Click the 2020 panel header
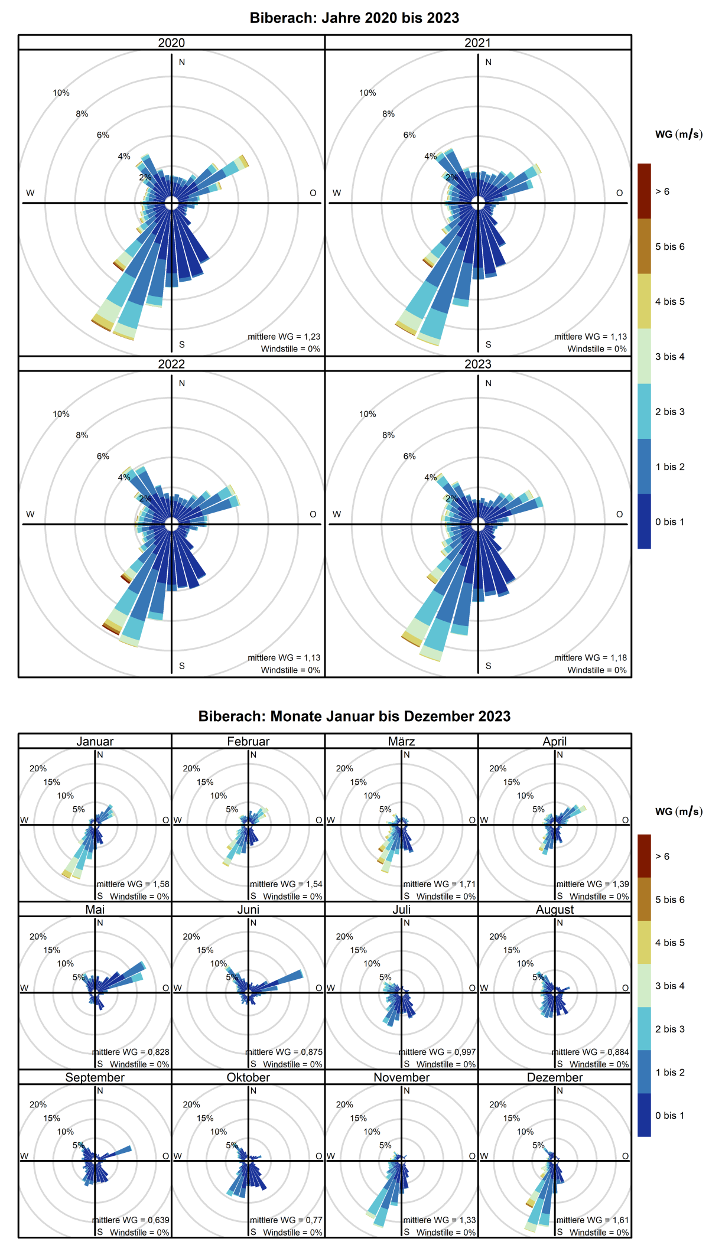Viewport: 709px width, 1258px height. (x=171, y=43)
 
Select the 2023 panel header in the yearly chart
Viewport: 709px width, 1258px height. (x=477, y=364)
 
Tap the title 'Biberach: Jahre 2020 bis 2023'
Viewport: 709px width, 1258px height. (x=354, y=18)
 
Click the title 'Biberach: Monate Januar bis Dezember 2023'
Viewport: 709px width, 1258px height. (x=354, y=716)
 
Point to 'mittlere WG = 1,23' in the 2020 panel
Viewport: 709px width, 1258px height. (x=284, y=337)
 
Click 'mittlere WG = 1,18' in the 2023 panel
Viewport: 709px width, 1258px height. (x=590, y=657)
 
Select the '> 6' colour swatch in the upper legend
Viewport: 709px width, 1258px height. (x=644, y=191)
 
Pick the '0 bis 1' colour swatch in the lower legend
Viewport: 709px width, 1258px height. (x=644, y=1115)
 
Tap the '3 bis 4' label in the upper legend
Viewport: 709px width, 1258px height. (x=669, y=357)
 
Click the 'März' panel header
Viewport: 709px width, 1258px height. (x=401, y=741)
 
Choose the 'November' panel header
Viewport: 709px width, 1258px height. (x=401, y=1077)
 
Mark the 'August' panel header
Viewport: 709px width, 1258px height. (x=555, y=910)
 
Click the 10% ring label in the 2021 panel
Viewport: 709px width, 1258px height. (x=367, y=93)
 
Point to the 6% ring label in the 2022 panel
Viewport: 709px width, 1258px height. (x=103, y=456)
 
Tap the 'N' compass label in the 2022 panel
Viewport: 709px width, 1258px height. (x=182, y=383)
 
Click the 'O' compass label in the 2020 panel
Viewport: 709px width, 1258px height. (x=313, y=193)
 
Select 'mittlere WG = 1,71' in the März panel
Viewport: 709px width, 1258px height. (x=439, y=884)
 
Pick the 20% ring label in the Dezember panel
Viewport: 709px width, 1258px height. (x=497, y=1104)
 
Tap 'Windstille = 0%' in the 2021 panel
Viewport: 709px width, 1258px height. (x=597, y=349)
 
